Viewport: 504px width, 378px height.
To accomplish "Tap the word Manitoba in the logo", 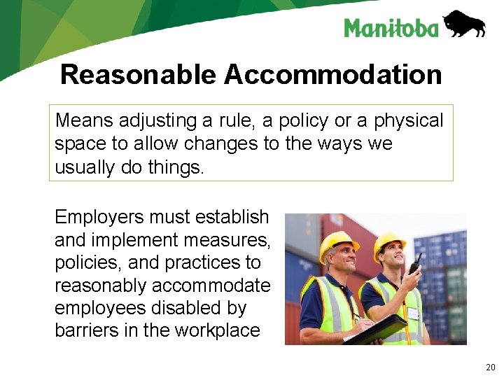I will pos(391,28).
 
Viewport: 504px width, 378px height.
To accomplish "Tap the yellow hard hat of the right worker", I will pos(390,242).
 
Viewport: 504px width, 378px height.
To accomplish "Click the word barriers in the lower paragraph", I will pos(83,330).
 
